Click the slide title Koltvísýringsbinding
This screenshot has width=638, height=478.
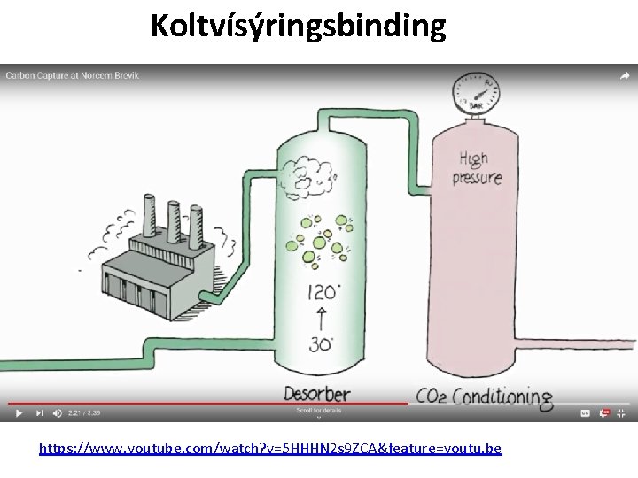click(x=298, y=27)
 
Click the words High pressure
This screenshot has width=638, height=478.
click(x=479, y=167)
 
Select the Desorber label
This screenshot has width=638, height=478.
click(x=316, y=394)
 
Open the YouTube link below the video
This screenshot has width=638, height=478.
click(x=270, y=449)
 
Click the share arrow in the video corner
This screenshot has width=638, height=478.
click(x=625, y=76)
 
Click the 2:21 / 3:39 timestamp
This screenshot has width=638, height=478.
click(x=86, y=412)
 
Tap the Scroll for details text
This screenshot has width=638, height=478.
click(x=319, y=411)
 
